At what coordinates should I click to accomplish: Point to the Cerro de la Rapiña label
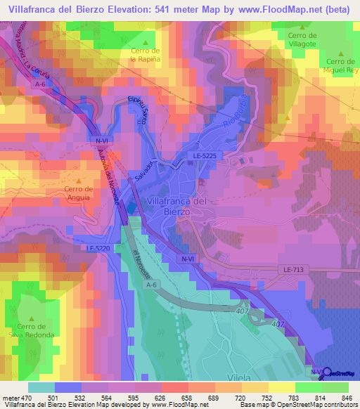[x=146, y=55]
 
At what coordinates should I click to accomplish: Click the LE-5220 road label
[x=99, y=248]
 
